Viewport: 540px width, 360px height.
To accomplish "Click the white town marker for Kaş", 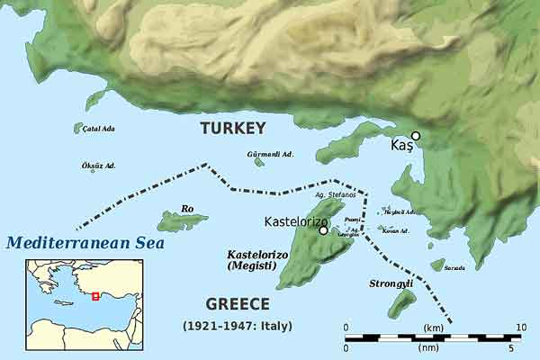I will tap(415, 135).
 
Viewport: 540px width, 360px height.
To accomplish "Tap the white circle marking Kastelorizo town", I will tap(323, 230).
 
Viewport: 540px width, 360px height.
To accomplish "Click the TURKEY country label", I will tap(233, 128).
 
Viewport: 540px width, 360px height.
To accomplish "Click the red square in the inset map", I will tap(95, 296).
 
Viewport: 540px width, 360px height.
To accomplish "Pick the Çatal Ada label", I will tap(98, 129).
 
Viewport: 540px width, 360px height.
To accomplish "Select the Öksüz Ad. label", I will tap(99, 166).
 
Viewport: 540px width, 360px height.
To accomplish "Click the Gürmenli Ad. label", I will tap(270, 154).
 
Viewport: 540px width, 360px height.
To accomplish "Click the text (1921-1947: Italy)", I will tap(238, 324).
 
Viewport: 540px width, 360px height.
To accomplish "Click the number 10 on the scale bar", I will tap(519, 327).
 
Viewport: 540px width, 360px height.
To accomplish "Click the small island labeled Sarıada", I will tap(437, 265).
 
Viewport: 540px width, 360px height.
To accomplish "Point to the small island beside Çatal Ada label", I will tap(78, 129).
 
